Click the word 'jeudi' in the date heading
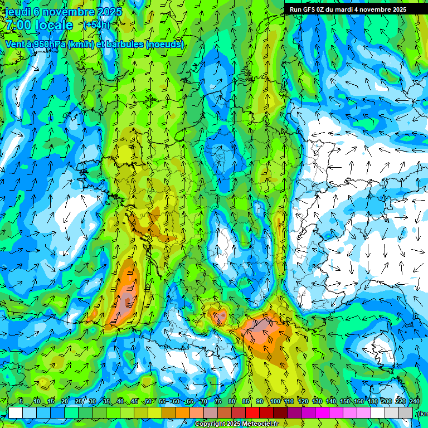coord(18,12)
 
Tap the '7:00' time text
coord(18,25)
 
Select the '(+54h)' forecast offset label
coord(96,25)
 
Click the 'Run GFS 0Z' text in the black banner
coord(309,9)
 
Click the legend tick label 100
coord(275,402)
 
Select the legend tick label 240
coord(415,402)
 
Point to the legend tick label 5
coord(21,402)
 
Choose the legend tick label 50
coord(148,402)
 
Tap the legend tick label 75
coord(218,402)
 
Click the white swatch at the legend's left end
coord(15,412)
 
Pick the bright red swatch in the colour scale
coord(252,412)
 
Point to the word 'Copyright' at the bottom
coord(211,424)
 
